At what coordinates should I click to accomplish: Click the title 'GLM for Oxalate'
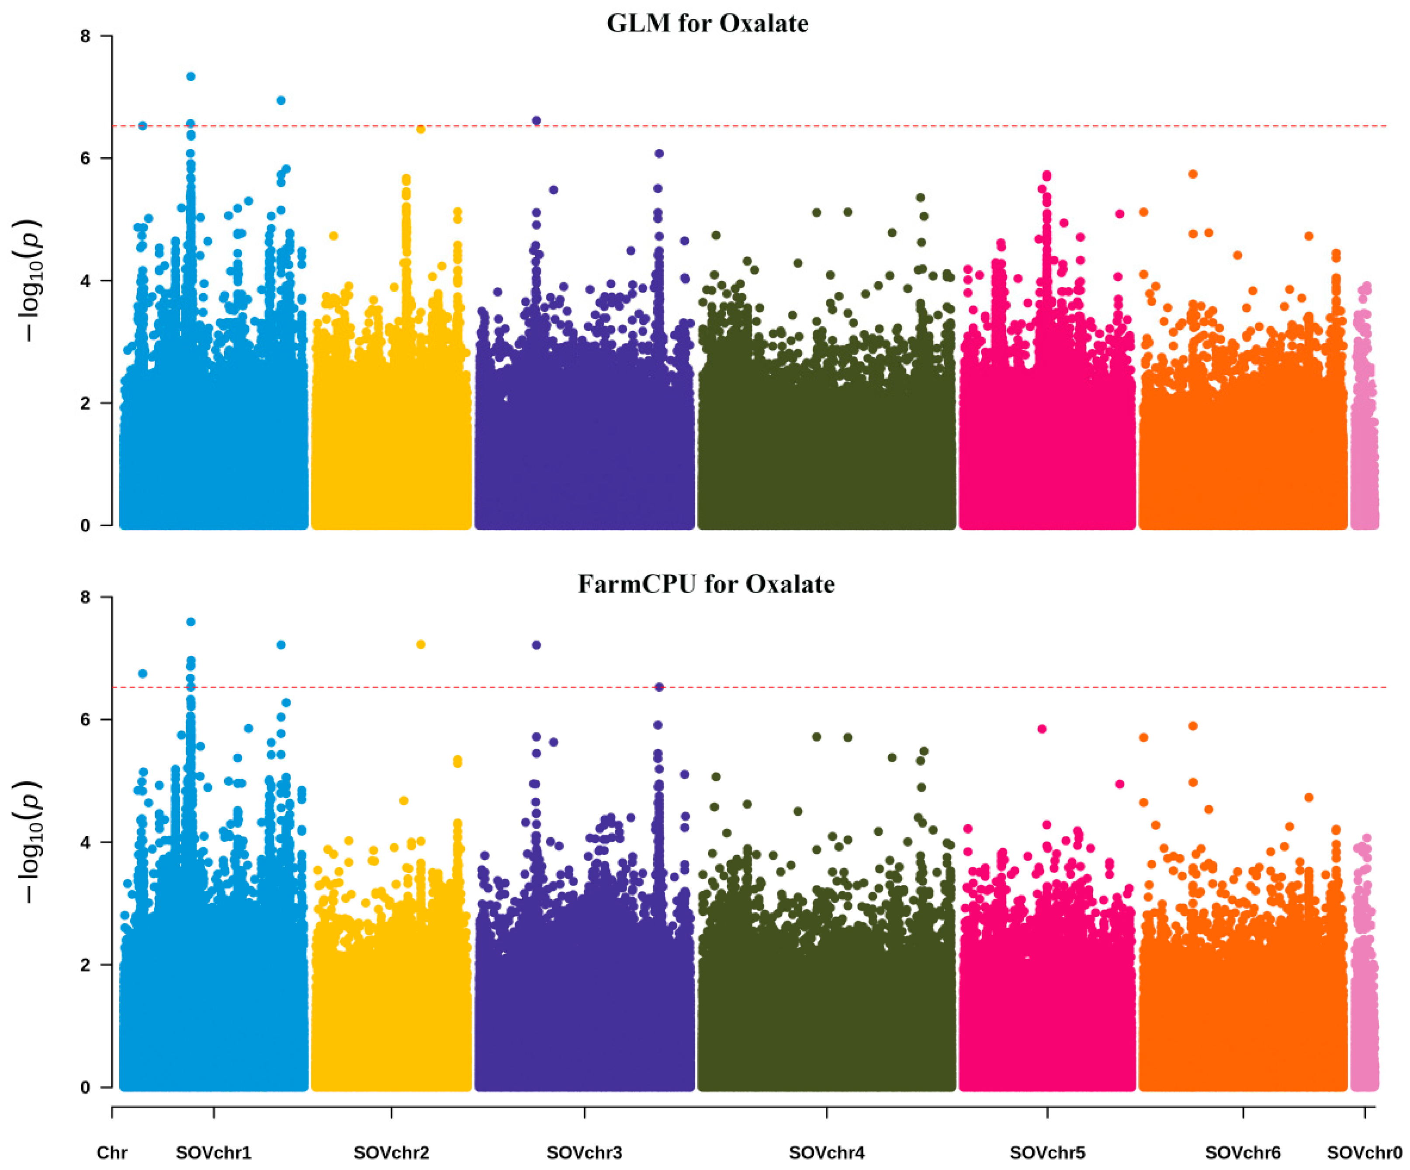(x=707, y=24)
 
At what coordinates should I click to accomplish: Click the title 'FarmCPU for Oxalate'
(x=707, y=584)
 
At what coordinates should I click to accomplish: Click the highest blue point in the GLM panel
(x=191, y=76)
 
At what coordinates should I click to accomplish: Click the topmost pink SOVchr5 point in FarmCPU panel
(x=1042, y=729)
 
